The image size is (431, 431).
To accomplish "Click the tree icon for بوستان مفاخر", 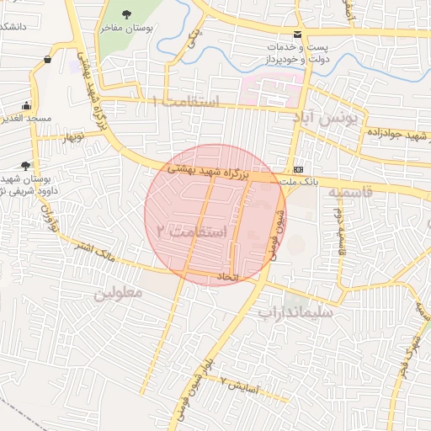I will pos(126,13).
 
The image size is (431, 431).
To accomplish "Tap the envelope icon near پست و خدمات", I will pos(297,35).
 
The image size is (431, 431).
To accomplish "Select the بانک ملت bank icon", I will pos(298,168).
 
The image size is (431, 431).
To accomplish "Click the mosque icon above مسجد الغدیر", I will pos(27,106).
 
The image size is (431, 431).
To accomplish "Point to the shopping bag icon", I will pos(47,60).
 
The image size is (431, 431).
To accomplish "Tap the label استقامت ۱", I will pos(184,102).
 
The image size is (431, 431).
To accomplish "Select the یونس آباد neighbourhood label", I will pos(326,120).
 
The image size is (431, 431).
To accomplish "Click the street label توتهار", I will pos(73,136).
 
